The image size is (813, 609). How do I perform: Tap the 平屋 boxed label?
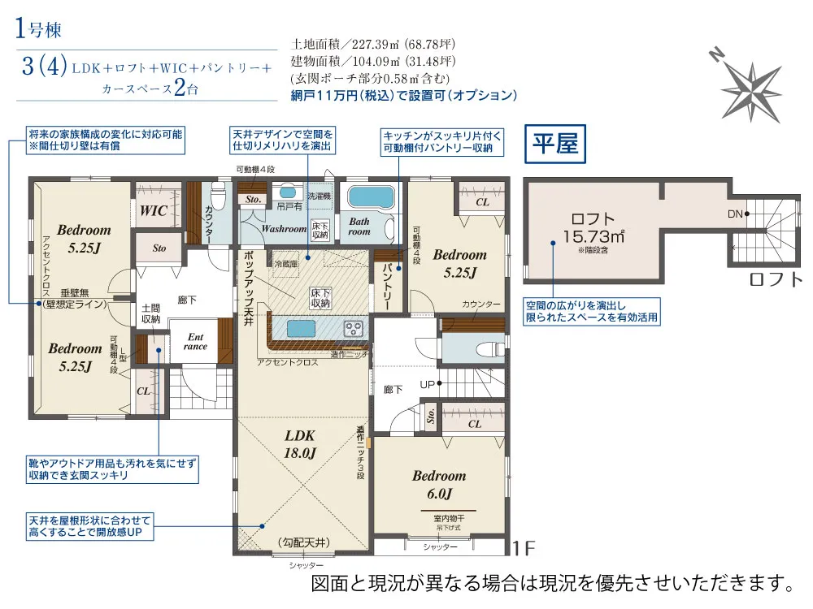(x=554, y=145)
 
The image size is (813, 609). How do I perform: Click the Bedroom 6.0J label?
(x=439, y=484)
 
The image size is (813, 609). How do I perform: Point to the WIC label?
(x=154, y=210)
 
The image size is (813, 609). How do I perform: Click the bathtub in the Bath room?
(x=370, y=197)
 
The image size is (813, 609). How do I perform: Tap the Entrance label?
(x=195, y=341)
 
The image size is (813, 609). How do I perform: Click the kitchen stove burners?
(x=354, y=329)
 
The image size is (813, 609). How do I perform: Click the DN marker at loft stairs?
(x=736, y=214)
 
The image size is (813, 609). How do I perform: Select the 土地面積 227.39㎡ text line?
(x=372, y=45)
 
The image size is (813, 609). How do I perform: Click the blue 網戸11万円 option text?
(x=403, y=95)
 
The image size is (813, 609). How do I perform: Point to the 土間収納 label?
(x=150, y=313)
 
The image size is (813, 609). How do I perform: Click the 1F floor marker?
(x=524, y=549)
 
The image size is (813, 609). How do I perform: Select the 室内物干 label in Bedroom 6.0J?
(x=439, y=517)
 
